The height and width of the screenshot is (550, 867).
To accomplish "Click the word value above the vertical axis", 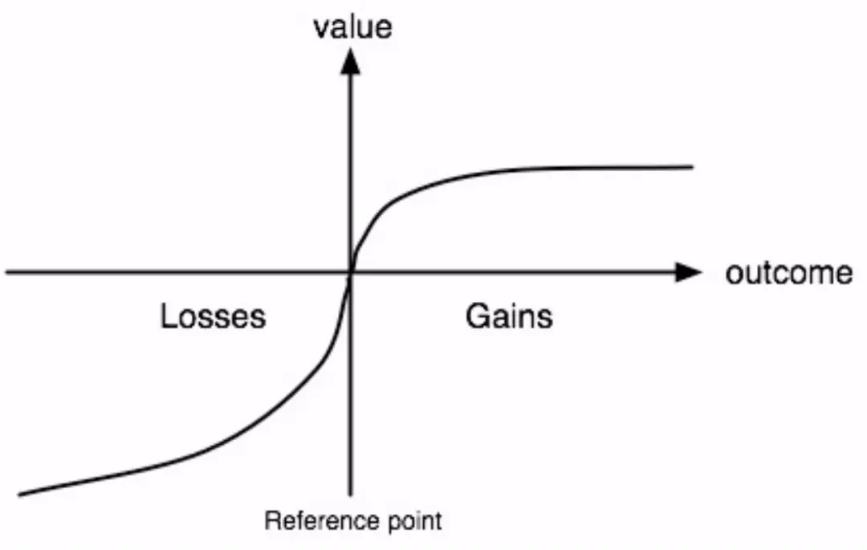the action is [352, 27].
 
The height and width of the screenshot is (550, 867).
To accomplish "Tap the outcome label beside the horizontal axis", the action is [789, 273].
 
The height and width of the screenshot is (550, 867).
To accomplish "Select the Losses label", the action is [213, 316].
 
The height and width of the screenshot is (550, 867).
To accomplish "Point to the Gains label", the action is [509, 316].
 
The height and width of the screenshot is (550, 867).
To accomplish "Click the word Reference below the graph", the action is [322, 521].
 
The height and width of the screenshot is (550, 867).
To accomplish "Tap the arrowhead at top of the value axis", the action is [349, 61].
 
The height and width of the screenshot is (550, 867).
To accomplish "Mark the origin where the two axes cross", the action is [350, 272].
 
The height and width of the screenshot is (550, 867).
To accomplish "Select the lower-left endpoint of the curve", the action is [20, 494].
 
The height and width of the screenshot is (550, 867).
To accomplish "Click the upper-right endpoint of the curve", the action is [692, 166].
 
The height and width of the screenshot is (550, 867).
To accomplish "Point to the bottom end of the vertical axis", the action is [350, 495].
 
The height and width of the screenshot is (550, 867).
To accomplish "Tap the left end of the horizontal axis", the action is [6, 272].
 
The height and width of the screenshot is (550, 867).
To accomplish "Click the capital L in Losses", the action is [169, 316].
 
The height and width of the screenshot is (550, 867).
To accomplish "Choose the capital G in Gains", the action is [477, 316].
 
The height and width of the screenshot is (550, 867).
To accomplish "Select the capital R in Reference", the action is [272, 521].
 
